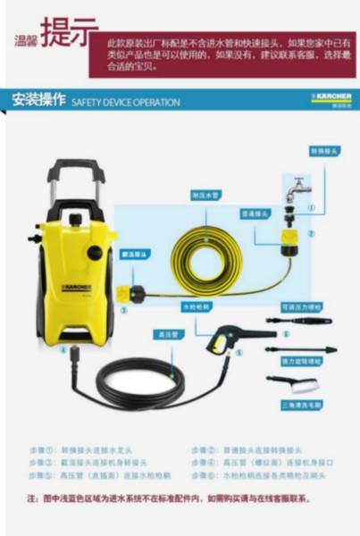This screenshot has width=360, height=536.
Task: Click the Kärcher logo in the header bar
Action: [x=331, y=97]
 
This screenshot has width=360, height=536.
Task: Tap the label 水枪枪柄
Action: [x=195, y=306]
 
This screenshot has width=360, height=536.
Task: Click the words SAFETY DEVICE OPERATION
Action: [x=125, y=102]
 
